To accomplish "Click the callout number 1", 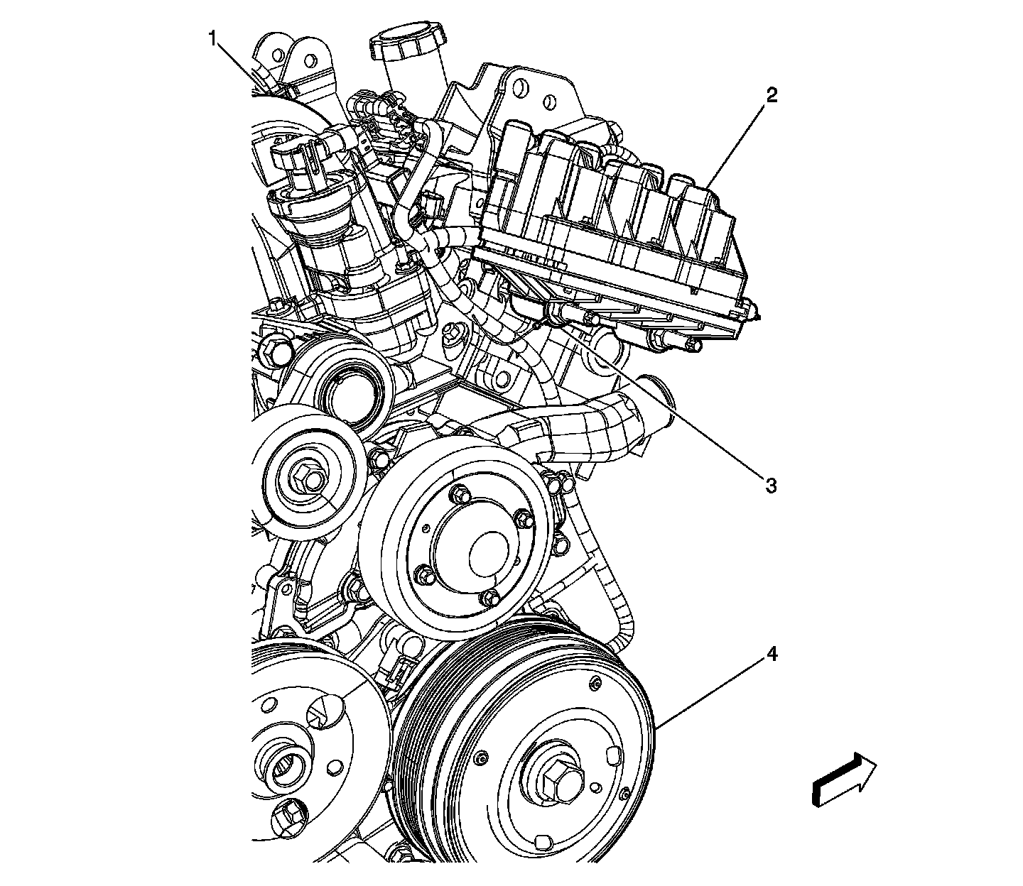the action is coord(212,38).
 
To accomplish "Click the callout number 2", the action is coord(772,95).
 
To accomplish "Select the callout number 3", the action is coord(770,486).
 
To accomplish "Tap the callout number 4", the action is coord(772,654).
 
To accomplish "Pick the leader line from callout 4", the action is coord(710,693).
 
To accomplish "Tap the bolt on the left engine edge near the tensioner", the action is coord(273,348).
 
